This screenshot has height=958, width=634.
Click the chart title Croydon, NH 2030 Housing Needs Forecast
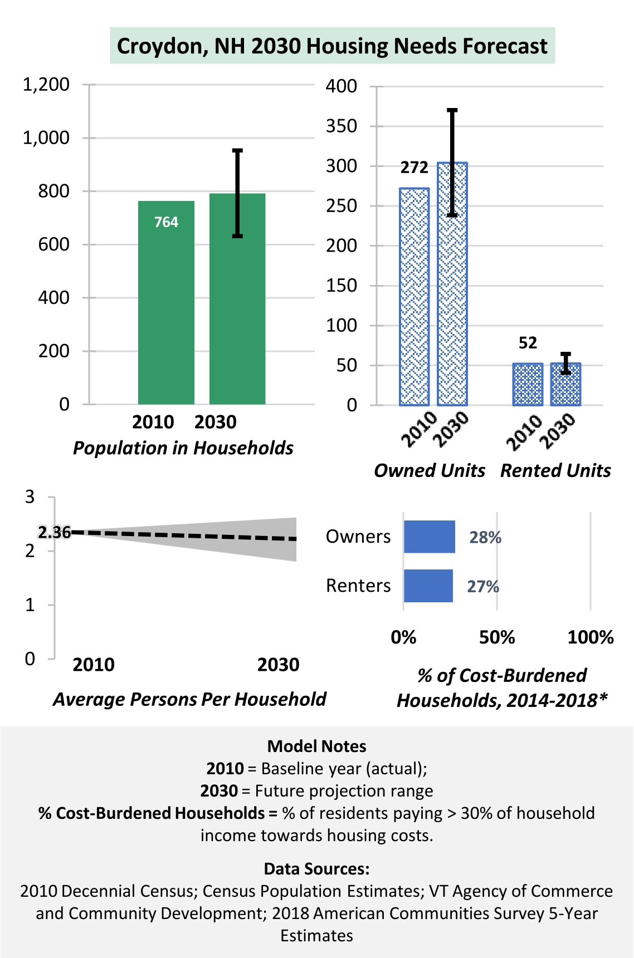(x=332, y=46)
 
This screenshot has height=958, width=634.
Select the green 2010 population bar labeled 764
(x=166, y=302)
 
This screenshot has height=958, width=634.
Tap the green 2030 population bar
(x=237, y=299)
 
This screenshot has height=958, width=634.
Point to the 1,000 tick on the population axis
(x=46, y=137)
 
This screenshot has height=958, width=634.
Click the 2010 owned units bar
(x=414, y=297)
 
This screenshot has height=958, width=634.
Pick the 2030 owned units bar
(x=452, y=284)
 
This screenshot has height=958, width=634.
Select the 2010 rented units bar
(x=528, y=384)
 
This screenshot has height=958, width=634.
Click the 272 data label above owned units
(x=414, y=168)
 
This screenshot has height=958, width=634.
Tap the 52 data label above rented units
(x=528, y=343)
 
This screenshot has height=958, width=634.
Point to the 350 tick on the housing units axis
(x=342, y=126)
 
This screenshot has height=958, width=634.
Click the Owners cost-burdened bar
(x=430, y=537)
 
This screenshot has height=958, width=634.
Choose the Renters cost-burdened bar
(x=428, y=586)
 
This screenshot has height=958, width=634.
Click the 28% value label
(x=485, y=537)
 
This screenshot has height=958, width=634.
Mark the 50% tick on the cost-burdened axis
(x=497, y=637)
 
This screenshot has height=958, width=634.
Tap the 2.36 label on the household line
(x=55, y=533)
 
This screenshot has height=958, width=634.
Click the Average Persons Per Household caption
(x=189, y=699)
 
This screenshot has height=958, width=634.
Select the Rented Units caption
(x=555, y=471)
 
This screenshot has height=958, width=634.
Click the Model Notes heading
(x=317, y=746)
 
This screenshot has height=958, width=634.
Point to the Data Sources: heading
(x=316, y=869)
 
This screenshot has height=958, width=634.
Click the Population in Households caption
(x=183, y=448)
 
